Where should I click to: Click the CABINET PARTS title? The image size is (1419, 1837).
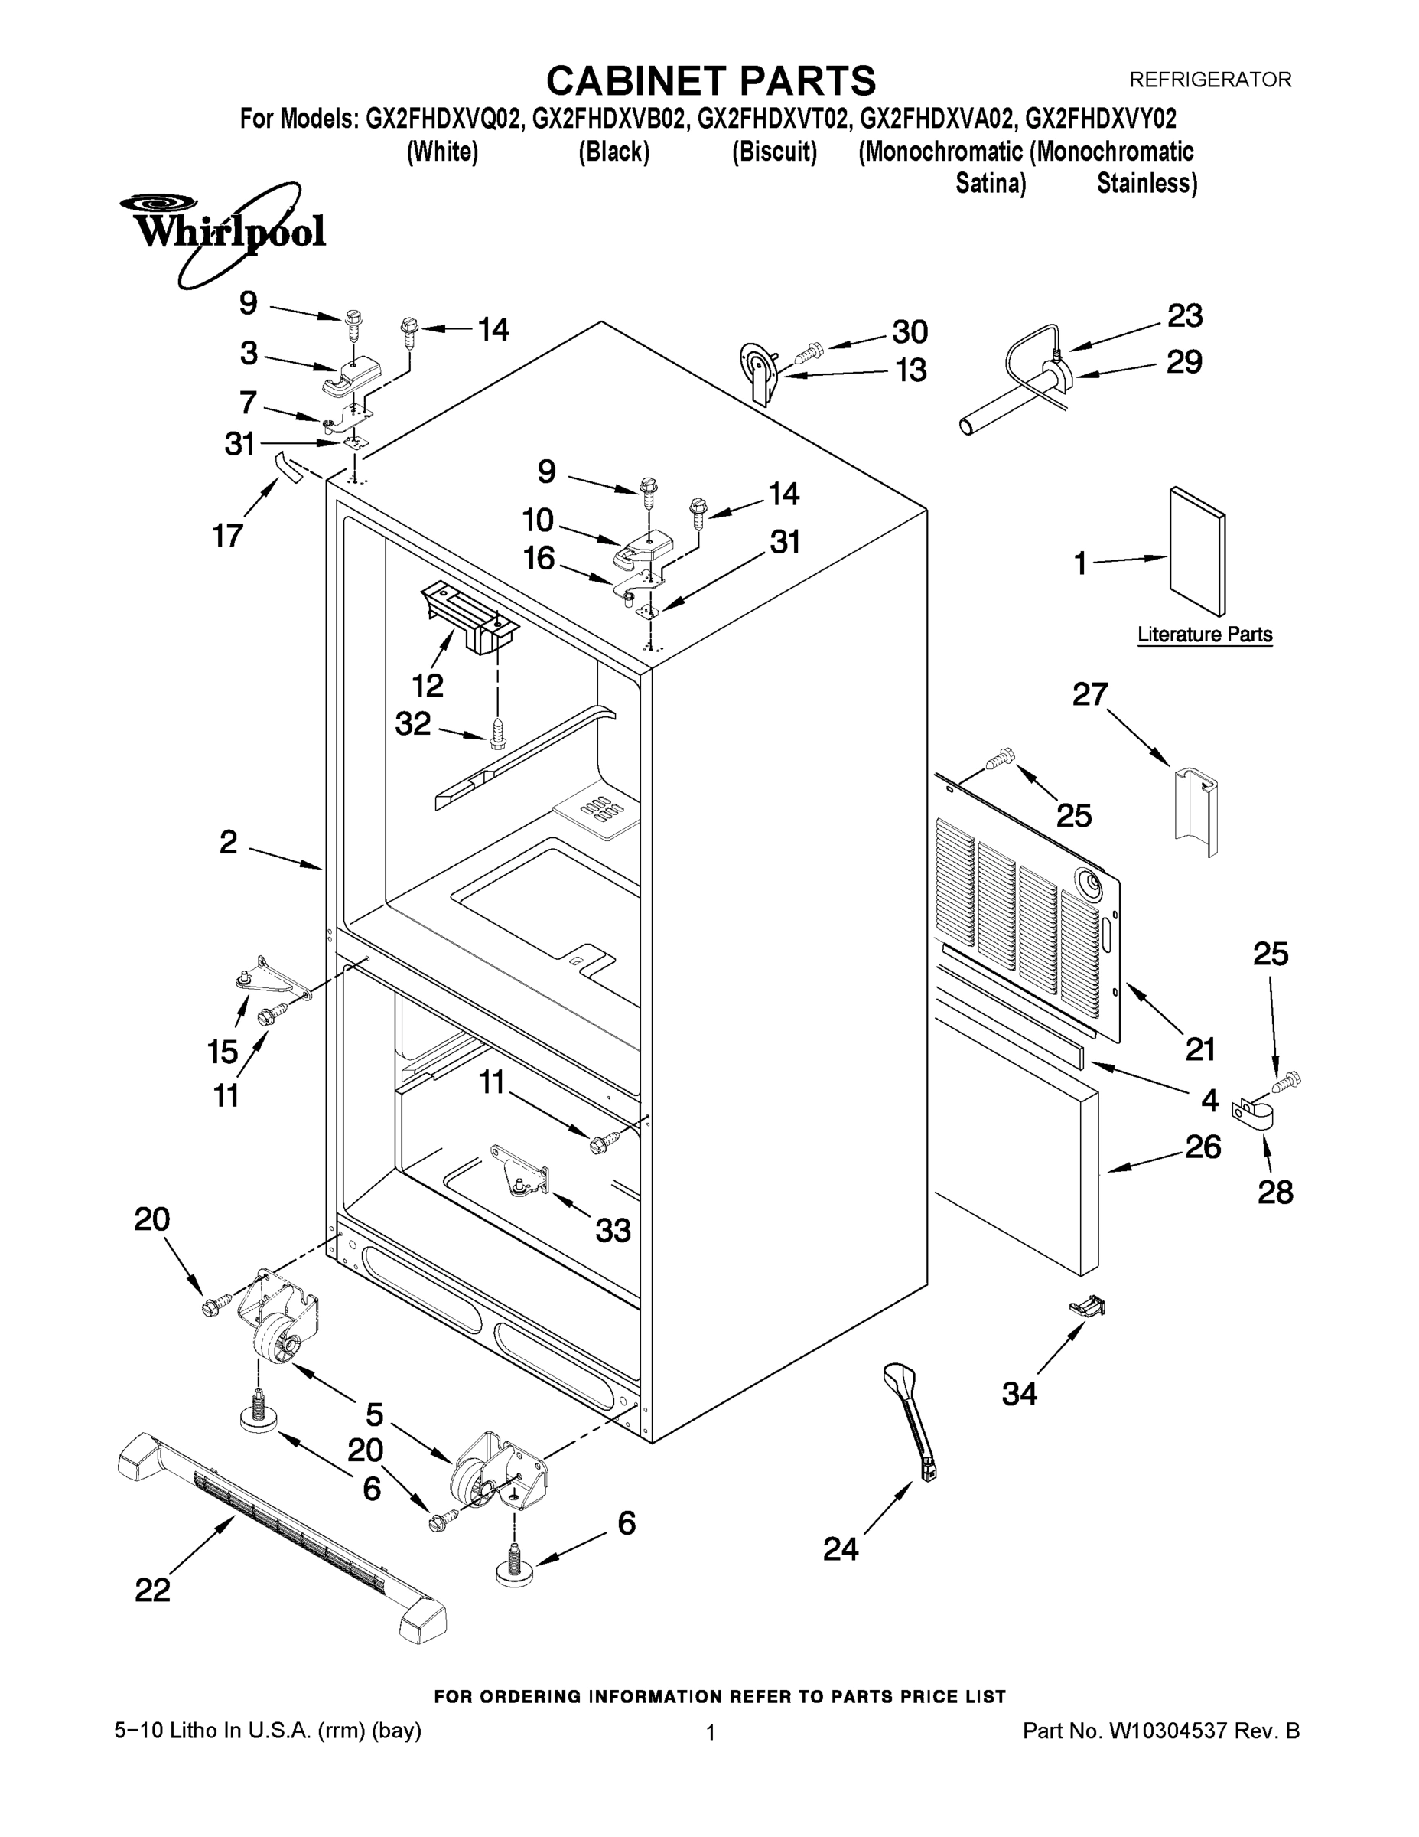point(711,82)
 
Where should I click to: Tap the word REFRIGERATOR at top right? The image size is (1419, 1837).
point(1209,80)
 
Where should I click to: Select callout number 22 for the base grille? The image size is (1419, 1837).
point(152,1590)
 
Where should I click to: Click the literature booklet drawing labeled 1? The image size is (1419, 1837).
point(1197,551)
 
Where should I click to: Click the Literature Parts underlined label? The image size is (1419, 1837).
point(1205,635)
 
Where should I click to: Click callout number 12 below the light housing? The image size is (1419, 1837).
point(427,686)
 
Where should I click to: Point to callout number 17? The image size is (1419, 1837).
point(227,535)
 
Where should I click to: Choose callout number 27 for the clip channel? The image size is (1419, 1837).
point(1090,694)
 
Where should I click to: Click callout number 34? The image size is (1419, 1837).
point(1019,1394)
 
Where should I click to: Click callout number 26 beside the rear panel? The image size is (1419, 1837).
point(1203,1147)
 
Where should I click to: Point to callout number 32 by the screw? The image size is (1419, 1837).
point(413,723)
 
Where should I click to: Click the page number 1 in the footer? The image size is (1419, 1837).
point(711,1733)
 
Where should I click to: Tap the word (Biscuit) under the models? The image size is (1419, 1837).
point(774,152)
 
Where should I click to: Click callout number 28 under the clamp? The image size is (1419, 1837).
point(1274,1192)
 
